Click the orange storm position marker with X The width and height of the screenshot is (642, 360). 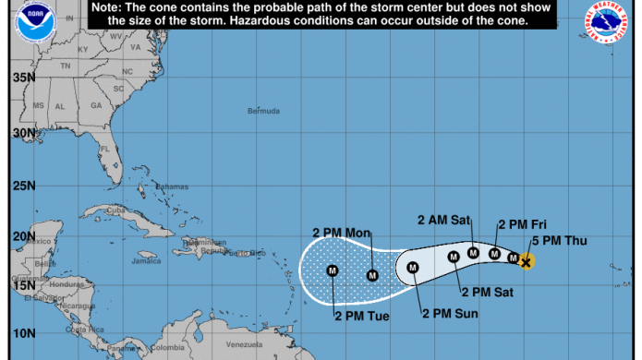coord(526,262)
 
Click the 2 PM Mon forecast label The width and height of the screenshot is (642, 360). coord(342,232)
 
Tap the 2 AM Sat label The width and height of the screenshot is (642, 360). coord(444,220)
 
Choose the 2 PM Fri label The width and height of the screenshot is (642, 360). coord(524,224)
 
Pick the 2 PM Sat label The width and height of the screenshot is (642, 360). coord(489,293)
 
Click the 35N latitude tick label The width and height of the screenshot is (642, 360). coord(22,78)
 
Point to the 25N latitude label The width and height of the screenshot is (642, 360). coord(22,185)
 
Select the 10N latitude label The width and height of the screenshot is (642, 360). coord(22,332)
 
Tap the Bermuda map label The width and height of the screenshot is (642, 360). coord(263,112)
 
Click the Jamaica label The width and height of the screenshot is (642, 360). coord(146,261)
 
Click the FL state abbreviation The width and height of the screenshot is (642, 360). coord(105,149)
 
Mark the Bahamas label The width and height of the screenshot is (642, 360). coord(171,186)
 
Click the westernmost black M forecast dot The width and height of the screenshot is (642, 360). coord(333,270)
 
